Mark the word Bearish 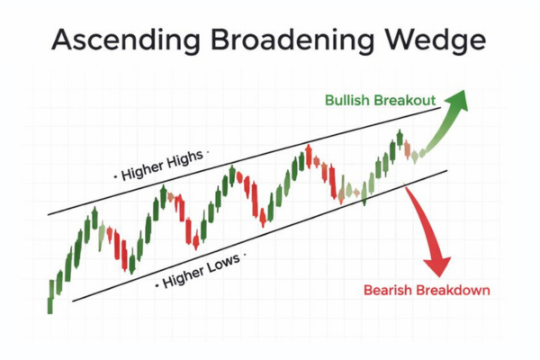pos(387,290)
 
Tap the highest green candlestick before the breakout pos(400,139)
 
